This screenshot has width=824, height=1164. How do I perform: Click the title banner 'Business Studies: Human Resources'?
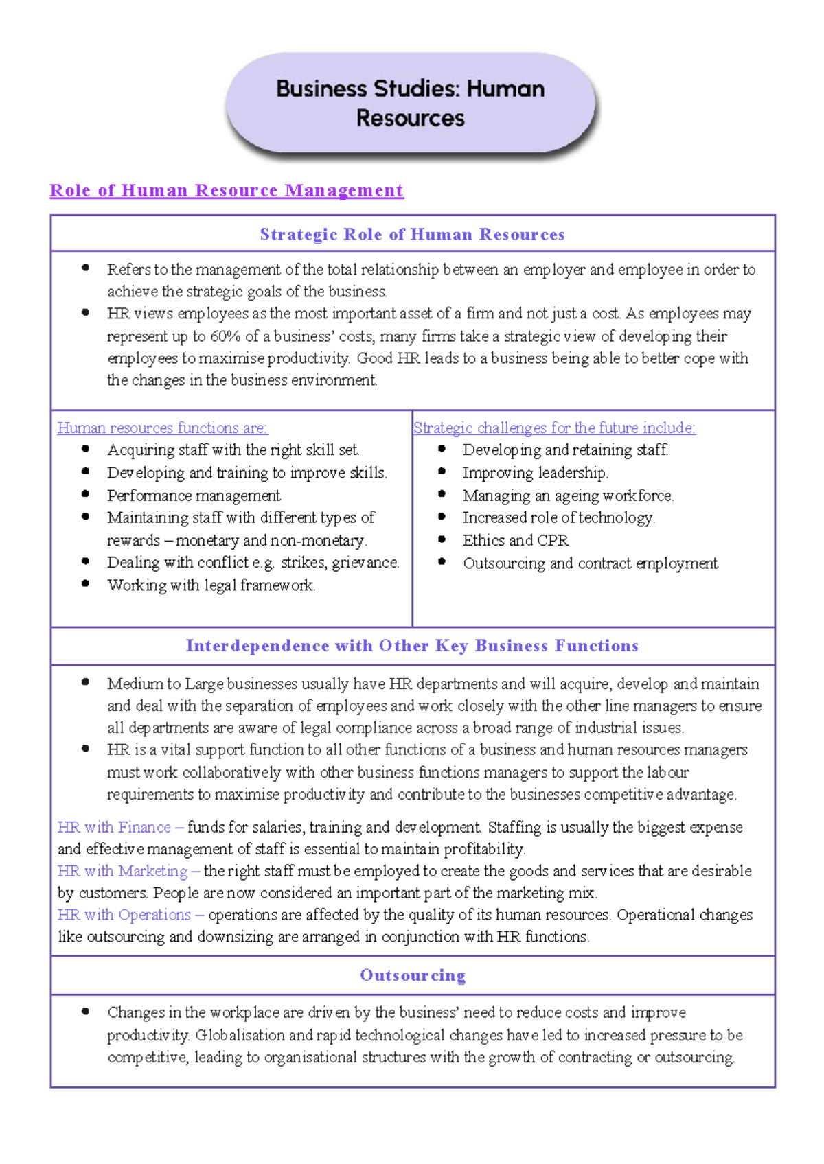(x=410, y=103)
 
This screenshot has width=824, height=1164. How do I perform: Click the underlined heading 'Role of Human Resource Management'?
(x=227, y=190)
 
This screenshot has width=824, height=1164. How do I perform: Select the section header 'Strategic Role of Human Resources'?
(x=412, y=234)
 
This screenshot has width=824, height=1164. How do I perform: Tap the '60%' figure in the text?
(x=225, y=336)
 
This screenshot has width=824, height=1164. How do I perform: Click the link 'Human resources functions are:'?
(x=162, y=428)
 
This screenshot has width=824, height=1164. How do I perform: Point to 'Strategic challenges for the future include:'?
(x=554, y=428)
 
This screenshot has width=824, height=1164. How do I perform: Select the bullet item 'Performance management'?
(x=194, y=496)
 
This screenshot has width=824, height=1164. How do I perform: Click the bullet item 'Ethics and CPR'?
(x=515, y=540)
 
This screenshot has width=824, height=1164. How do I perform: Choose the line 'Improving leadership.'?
(x=535, y=473)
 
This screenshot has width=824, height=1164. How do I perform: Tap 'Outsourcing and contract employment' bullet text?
(x=590, y=563)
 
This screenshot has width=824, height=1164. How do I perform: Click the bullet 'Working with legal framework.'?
(x=211, y=585)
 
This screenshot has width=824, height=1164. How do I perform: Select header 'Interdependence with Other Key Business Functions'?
(x=412, y=646)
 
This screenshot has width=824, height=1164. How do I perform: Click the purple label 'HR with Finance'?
(x=114, y=827)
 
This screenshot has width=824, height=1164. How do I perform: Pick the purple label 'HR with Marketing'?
(x=122, y=871)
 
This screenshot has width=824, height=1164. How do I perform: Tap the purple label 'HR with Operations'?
(x=124, y=915)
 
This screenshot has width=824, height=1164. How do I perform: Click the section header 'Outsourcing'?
(x=413, y=975)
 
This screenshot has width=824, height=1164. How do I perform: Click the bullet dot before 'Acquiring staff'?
(x=85, y=449)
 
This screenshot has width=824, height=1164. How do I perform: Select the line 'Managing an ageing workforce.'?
(x=568, y=496)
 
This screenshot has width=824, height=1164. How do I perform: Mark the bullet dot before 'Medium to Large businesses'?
(x=85, y=682)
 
